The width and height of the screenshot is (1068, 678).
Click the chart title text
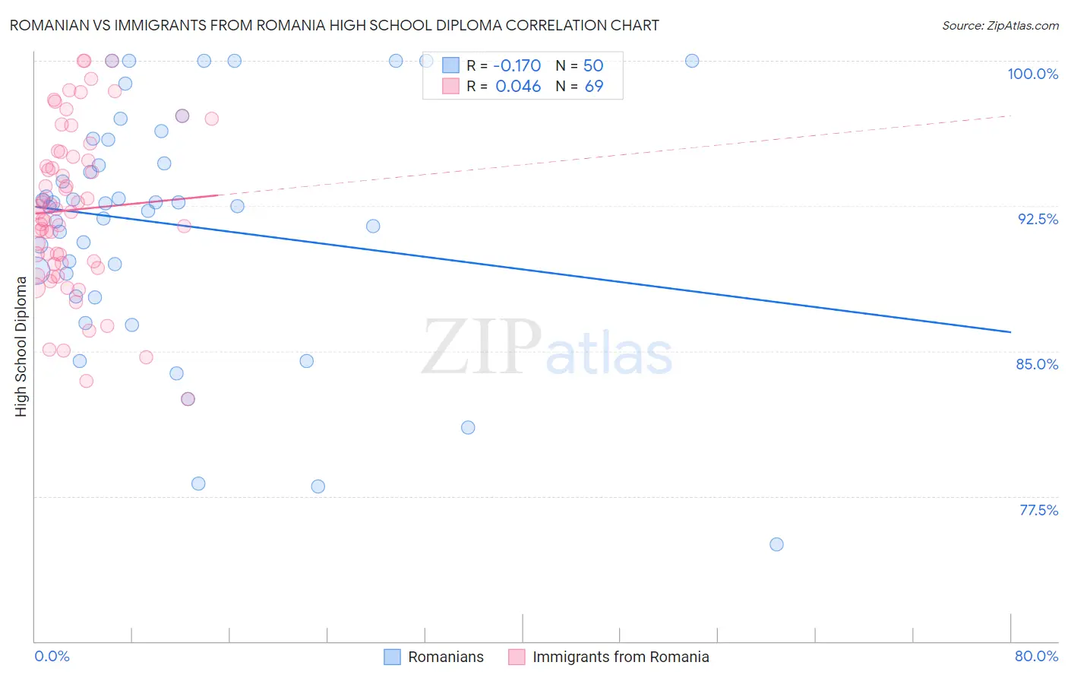click(334, 25)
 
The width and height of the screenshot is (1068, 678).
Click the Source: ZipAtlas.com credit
click(1000, 26)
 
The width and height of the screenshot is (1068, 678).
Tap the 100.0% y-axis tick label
click(1032, 74)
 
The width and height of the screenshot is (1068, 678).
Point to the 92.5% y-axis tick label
click(1038, 219)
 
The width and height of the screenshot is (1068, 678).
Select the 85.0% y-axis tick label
click(1037, 364)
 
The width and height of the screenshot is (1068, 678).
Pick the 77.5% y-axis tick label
click(1038, 510)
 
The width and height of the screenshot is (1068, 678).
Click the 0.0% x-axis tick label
click(52, 656)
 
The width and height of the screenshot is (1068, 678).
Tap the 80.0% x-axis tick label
click(1036, 656)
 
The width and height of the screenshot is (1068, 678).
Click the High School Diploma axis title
click(21, 346)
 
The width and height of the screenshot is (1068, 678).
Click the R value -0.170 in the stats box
click(517, 65)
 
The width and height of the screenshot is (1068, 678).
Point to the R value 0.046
click(518, 87)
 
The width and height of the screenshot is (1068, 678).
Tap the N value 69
click(594, 87)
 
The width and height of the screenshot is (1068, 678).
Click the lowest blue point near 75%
click(776, 544)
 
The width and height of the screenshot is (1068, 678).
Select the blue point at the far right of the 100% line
click(692, 61)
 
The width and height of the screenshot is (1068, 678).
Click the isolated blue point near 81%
click(468, 428)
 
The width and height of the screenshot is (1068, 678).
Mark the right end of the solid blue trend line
click(1010, 332)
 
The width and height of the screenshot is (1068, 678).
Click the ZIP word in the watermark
click(482, 347)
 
